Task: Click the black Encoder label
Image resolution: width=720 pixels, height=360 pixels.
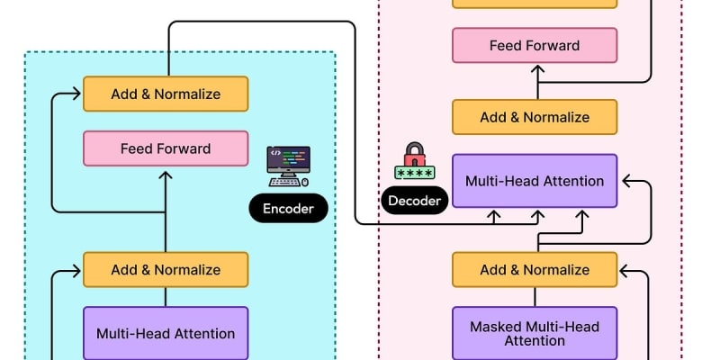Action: [x=288, y=210]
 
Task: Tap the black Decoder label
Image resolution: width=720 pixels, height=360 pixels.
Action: [x=415, y=201]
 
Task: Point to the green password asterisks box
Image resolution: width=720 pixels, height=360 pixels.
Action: [x=415, y=172]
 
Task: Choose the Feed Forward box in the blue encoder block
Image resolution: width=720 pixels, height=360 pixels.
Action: [x=166, y=148]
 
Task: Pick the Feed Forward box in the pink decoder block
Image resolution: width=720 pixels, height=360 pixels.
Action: [x=535, y=45]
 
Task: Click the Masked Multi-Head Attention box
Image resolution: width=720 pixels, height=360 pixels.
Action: [x=535, y=333]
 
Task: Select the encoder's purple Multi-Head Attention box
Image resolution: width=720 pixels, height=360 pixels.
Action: [x=166, y=333]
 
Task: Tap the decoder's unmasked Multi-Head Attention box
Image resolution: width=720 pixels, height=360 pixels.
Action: [x=535, y=181]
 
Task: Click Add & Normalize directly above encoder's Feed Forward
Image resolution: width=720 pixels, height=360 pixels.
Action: [x=166, y=94]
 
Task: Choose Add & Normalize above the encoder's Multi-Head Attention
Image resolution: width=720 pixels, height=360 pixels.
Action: [x=166, y=269]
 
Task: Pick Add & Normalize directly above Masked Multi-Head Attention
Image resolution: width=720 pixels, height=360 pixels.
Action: [x=535, y=269]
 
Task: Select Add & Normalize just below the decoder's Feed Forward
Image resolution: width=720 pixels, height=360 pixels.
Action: [x=535, y=117]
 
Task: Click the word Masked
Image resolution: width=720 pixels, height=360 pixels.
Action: [x=495, y=326]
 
